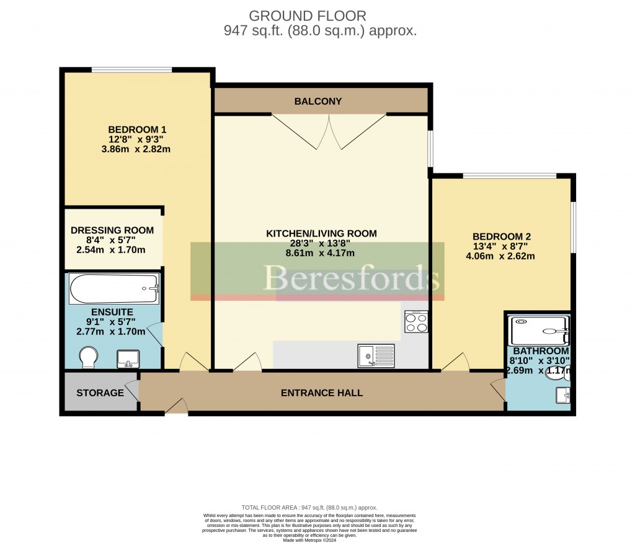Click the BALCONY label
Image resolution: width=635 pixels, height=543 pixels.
pyautogui.click(x=318, y=102)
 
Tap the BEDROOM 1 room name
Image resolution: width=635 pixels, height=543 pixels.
pyautogui.click(x=137, y=129)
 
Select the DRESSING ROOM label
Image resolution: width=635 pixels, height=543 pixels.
pyautogui.click(x=112, y=230)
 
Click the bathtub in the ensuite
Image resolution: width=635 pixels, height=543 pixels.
pyautogui.click(x=115, y=289)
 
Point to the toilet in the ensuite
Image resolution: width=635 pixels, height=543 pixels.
pyautogui.click(x=89, y=357)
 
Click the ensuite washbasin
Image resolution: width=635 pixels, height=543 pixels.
pyautogui.click(x=128, y=358)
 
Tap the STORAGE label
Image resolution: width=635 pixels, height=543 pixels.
pyautogui.click(x=100, y=393)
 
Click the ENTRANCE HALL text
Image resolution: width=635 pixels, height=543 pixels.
pyautogui.click(x=322, y=393)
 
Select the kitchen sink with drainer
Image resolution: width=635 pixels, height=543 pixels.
pyautogui.click(x=376, y=356)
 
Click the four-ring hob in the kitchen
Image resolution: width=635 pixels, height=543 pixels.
pyautogui.click(x=416, y=322)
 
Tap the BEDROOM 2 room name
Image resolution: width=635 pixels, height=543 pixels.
pyautogui.click(x=502, y=237)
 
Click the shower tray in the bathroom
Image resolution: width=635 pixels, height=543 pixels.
pyautogui.click(x=538, y=331)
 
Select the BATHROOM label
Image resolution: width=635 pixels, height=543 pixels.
pyautogui.click(x=540, y=351)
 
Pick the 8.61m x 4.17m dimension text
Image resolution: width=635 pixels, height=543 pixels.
pyautogui.click(x=320, y=253)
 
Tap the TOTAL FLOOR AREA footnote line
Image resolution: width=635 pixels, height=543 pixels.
pyautogui.click(x=309, y=508)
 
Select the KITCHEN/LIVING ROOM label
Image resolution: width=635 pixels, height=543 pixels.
pyautogui.click(x=321, y=233)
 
